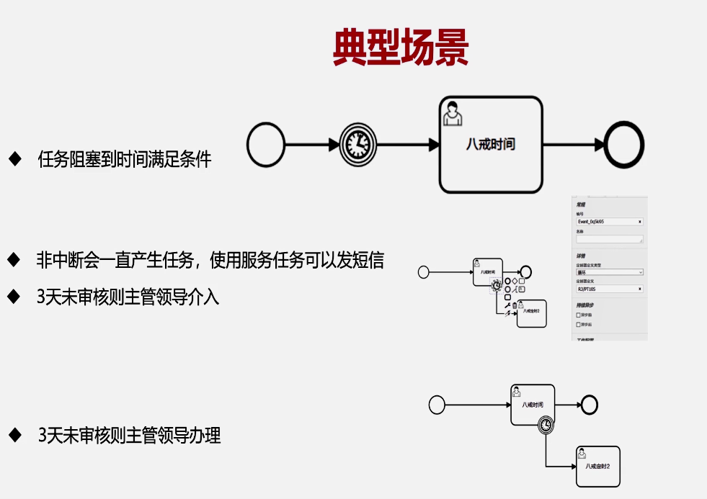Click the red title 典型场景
401,48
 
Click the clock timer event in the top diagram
357,145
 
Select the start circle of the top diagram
266,145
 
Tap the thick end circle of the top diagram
624,145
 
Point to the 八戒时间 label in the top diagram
490,145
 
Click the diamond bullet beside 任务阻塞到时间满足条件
14,158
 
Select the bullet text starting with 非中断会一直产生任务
210,260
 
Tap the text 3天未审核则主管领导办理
129,435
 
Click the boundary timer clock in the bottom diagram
547,426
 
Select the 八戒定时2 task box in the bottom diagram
598,467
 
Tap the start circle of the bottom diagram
437,405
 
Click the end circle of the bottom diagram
589,405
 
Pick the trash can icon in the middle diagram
514,305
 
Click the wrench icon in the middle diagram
507,305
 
